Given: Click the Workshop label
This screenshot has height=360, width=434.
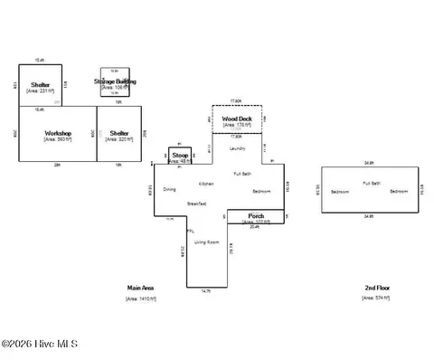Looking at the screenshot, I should pyautogui.click(x=58, y=132).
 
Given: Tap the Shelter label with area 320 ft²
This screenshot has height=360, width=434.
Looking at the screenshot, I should pyautogui.click(x=119, y=132).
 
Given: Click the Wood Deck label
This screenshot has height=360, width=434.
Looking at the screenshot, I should pyautogui.click(x=237, y=118).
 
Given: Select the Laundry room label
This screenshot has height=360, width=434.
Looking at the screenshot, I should pyautogui.click(x=239, y=147).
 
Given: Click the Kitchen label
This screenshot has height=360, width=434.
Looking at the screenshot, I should pyautogui.click(x=205, y=184).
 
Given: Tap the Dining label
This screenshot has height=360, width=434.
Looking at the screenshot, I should pyautogui.click(x=170, y=189).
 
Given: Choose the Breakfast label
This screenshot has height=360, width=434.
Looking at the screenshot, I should pyautogui.click(x=197, y=204).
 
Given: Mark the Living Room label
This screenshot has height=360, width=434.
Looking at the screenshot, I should pyautogui.click(x=208, y=242).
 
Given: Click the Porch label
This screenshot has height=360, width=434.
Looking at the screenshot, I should pyautogui.click(x=256, y=215).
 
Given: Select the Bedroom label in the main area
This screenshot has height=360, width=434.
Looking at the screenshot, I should pyautogui.click(x=261, y=192).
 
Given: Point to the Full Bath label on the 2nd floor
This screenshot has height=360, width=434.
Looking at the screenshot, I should pyautogui.click(x=371, y=184).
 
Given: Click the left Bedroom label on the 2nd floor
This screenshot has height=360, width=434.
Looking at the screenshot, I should pyautogui.click(x=340, y=192).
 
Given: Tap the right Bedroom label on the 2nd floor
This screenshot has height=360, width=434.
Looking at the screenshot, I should pyautogui.click(x=400, y=192).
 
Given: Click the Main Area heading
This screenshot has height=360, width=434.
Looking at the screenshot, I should pyautogui.click(x=141, y=287).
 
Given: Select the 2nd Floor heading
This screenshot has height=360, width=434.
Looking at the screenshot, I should pyautogui.click(x=377, y=287).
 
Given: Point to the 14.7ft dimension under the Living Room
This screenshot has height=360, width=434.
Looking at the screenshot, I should pyautogui.click(x=206, y=291).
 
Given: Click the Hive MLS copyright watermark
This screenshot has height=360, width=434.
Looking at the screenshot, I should pyautogui.click(x=40, y=344).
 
